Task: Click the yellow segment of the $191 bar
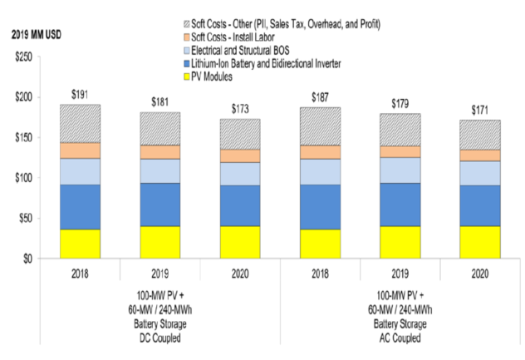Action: (80, 244)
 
